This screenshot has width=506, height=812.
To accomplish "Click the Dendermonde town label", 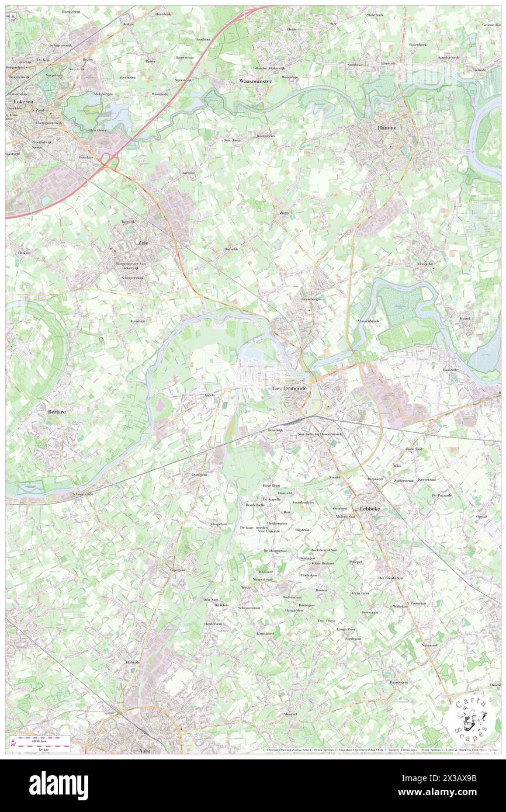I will (x=290, y=388).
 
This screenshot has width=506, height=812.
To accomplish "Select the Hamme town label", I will (x=387, y=127).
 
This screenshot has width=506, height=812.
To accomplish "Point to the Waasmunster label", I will (x=255, y=81).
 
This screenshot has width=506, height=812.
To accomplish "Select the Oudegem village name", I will (x=200, y=475).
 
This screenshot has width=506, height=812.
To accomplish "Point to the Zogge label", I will (x=285, y=213).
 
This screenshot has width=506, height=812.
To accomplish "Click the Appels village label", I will (x=209, y=395).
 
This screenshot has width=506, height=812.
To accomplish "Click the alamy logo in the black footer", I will (x=58, y=785).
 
